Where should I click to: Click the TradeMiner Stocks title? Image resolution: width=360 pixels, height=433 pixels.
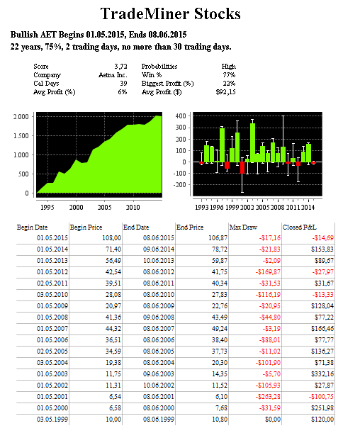coord(170,13)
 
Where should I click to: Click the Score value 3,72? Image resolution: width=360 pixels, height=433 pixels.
coord(120,67)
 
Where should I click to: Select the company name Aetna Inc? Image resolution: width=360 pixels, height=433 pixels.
coord(113,75)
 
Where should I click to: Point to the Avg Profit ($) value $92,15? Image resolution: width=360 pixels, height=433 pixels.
coord(225,92)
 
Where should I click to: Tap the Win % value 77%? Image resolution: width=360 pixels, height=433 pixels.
coord(229,75)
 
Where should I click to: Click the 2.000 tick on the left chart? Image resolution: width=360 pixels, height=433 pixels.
coord(21,116)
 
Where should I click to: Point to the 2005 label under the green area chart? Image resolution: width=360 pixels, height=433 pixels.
coord(104,208)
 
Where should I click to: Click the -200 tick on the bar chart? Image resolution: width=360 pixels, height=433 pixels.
coord(179,185)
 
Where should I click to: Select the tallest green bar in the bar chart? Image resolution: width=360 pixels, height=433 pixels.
coord(252,142)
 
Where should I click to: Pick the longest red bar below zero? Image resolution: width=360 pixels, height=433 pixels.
coord(242,168)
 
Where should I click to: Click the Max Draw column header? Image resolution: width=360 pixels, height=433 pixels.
coord(243,227)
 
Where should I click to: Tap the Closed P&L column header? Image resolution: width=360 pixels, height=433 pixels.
coord(299,227)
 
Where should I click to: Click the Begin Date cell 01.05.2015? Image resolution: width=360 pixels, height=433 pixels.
coord(52,238)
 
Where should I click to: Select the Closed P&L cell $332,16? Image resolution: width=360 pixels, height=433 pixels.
coord(322,374)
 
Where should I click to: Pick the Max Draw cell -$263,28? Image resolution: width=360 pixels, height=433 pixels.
coord(268,397)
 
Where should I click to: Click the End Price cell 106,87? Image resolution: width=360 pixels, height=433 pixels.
coord(218,238)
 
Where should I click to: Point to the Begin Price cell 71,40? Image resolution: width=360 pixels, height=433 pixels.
coord(113,249)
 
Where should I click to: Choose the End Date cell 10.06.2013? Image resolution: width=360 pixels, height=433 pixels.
coord(159,261)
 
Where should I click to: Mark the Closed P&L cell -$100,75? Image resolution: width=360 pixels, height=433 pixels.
coord(321,397)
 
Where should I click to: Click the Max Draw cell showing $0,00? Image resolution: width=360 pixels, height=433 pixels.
coord(273,420)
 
